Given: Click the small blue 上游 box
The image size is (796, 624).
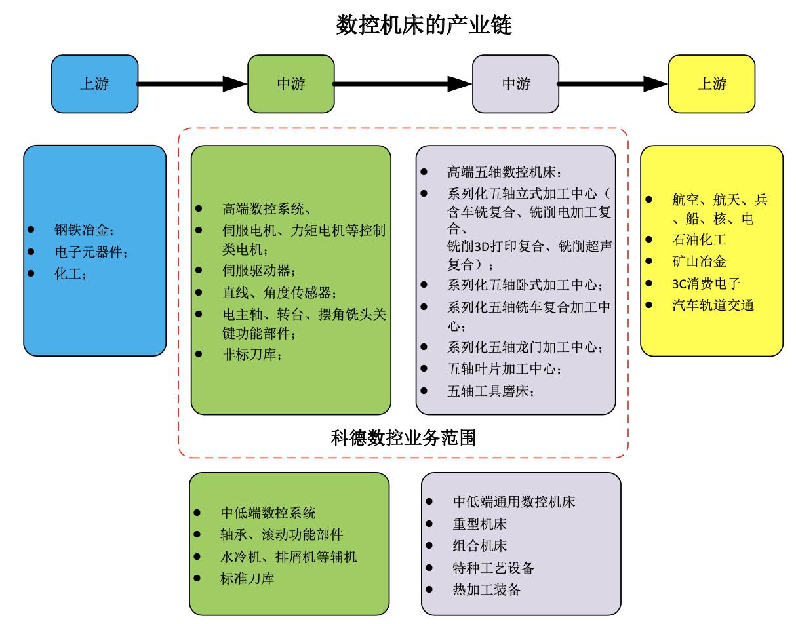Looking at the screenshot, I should tap(94, 84).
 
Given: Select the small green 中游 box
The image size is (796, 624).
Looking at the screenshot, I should tap(290, 84).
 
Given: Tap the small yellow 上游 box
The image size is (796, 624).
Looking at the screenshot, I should tap(712, 84).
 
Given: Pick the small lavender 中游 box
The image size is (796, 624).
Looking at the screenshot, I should tap(515, 84).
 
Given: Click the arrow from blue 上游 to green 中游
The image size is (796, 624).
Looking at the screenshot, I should tap(192, 84).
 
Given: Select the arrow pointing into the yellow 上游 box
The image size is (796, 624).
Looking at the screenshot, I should tap(613, 84).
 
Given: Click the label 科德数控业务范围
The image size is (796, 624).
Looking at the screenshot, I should tap(403, 437).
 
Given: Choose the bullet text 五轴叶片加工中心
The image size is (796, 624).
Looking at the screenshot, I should tap(504, 369).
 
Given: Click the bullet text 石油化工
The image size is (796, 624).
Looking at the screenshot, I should tap(699, 240).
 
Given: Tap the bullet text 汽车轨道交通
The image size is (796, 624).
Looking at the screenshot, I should tap(713, 305).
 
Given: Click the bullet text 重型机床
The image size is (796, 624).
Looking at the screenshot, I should tap(479, 524).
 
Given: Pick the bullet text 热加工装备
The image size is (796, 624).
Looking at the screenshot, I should tap(487, 589).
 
